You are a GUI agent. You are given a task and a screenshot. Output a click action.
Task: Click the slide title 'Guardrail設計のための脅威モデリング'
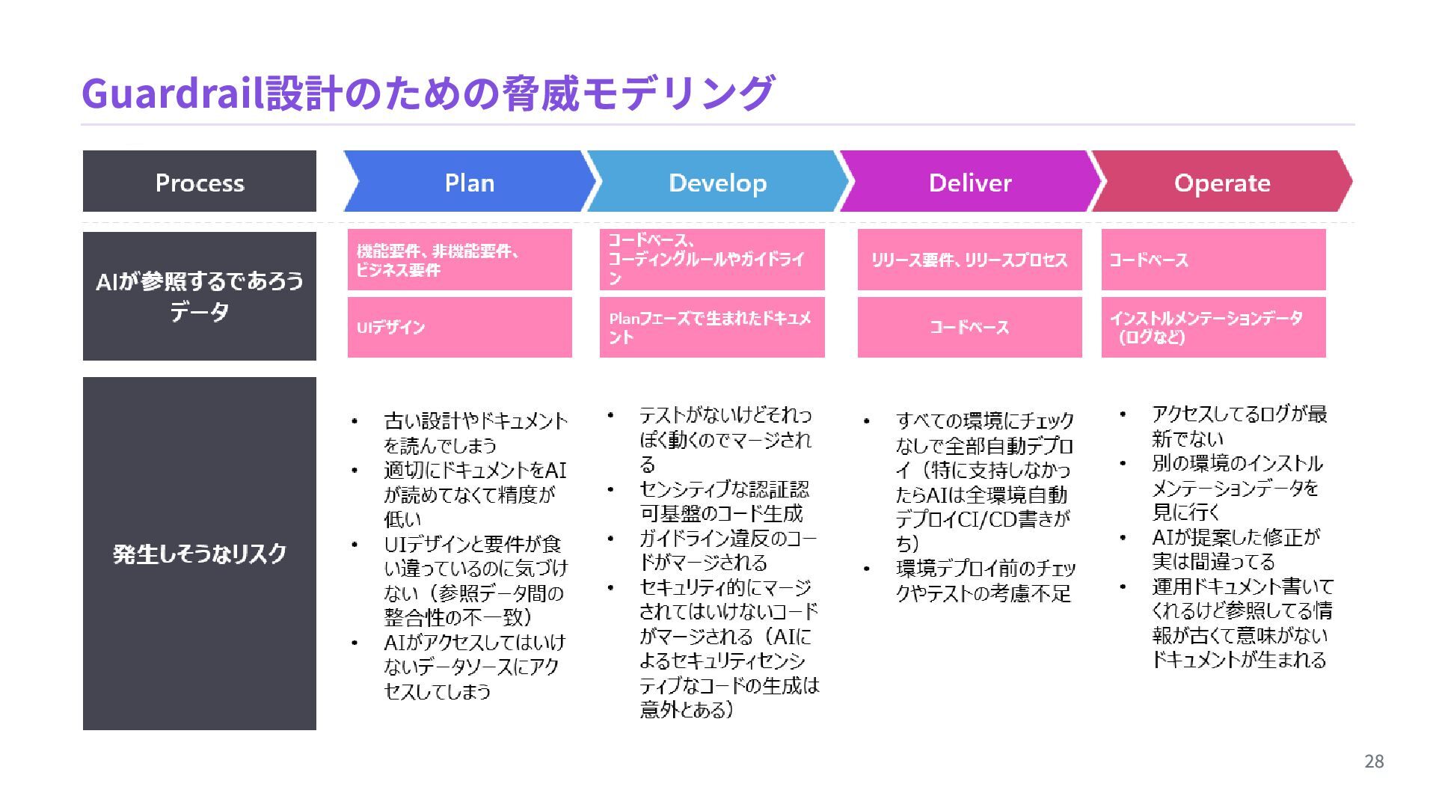point(427,93)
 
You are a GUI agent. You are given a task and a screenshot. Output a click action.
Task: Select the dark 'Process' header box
point(199,182)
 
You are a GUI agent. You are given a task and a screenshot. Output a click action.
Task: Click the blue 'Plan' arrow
point(469,182)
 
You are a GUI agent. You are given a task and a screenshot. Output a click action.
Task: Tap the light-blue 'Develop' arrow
point(717,182)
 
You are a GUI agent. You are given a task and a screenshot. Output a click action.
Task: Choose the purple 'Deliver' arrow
point(969,182)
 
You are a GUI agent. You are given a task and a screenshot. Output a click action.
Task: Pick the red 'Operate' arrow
point(1221,182)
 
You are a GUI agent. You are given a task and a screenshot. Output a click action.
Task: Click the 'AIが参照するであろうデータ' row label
point(199,296)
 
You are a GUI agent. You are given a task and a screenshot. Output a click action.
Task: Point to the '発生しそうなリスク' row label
point(199,554)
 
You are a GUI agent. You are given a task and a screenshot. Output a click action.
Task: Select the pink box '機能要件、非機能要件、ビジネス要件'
point(459,260)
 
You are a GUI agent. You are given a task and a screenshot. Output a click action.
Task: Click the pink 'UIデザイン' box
point(459,327)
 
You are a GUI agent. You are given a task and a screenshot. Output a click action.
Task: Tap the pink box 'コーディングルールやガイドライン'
point(711,260)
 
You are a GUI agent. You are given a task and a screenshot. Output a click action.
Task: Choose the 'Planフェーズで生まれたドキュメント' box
point(711,327)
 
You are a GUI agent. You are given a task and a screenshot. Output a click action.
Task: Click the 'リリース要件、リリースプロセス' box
point(969,260)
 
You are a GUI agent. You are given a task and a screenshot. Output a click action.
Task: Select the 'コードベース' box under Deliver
point(969,327)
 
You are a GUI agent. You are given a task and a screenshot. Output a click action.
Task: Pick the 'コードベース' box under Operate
point(1213,260)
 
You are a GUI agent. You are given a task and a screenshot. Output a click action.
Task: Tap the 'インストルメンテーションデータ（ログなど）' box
point(1213,327)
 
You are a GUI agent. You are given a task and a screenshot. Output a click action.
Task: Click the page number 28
point(1374,762)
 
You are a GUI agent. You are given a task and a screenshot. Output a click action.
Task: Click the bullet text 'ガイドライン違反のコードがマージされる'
point(727,550)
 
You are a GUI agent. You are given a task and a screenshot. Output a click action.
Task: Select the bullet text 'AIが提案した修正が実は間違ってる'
point(1236,549)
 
